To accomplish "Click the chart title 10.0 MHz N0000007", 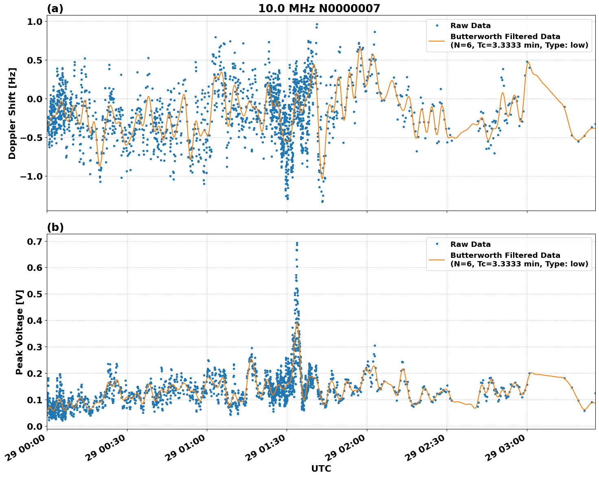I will click(x=319, y=9).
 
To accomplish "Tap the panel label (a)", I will click(x=55, y=9).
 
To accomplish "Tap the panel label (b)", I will click(x=55, y=227).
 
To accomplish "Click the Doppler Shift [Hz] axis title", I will click(x=12, y=113).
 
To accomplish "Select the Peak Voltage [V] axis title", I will click(x=19, y=332).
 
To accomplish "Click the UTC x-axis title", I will click(x=321, y=468).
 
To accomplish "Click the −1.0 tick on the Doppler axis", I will click(x=31, y=176).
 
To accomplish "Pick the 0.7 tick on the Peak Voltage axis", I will click(x=34, y=242).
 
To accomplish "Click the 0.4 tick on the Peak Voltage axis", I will click(x=34, y=321).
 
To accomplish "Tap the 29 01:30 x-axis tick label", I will click(x=269, y=450).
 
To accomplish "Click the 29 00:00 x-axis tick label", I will click(x=29, y=450).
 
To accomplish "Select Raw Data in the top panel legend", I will click(x=470, y=26).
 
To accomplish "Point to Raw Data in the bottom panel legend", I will click(x=470, y=244).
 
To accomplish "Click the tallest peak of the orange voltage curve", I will click(x=297, y=323).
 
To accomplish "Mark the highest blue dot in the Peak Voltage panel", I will click(x=297, y=243).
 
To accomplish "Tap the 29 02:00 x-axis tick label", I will click(x=349, y=450).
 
